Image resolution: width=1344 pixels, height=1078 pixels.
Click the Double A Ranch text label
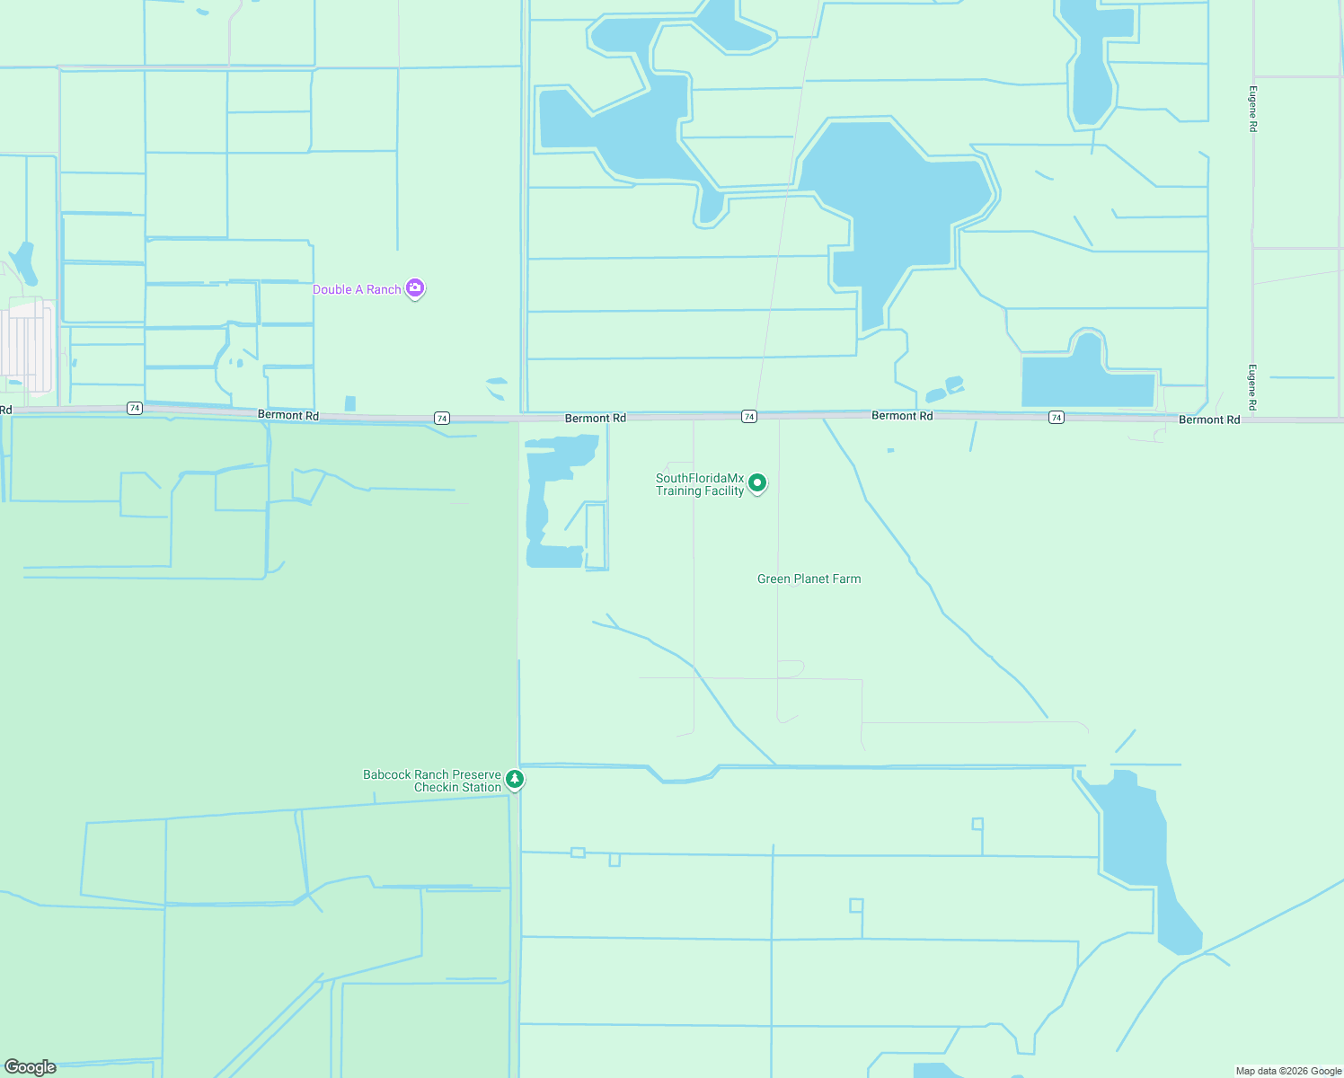coord(357,289)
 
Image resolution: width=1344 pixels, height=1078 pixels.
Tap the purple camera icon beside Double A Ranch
coord(415,288)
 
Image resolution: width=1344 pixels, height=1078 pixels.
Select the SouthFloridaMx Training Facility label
coord(700,484)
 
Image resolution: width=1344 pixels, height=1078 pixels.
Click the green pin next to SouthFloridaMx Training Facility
coord(757,483)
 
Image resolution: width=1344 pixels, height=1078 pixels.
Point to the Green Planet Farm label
coord(809,579)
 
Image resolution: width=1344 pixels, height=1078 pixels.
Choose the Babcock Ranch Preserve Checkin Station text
coord(432,781)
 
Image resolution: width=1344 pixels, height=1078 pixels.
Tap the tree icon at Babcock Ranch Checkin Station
coord(515,779)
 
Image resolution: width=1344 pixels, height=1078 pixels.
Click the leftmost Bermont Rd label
coord(287,415)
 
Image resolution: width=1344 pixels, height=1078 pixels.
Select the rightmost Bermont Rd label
coord(1208,420)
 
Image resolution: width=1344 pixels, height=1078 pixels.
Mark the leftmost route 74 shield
coord(135,408)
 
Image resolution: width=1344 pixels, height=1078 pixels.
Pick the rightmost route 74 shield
coord(1057,417)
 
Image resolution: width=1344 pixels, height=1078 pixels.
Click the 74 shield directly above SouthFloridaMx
coord(749,416)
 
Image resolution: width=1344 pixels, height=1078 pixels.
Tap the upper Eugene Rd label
coord(1252,109)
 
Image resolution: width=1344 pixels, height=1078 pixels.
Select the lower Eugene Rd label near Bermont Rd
coord(1252,387)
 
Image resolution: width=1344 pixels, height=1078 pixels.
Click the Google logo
coord(31,1067)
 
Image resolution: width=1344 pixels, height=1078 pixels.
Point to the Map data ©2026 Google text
coord(1288,1071)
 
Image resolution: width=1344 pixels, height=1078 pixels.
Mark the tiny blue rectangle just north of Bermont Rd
coord(349,403)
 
